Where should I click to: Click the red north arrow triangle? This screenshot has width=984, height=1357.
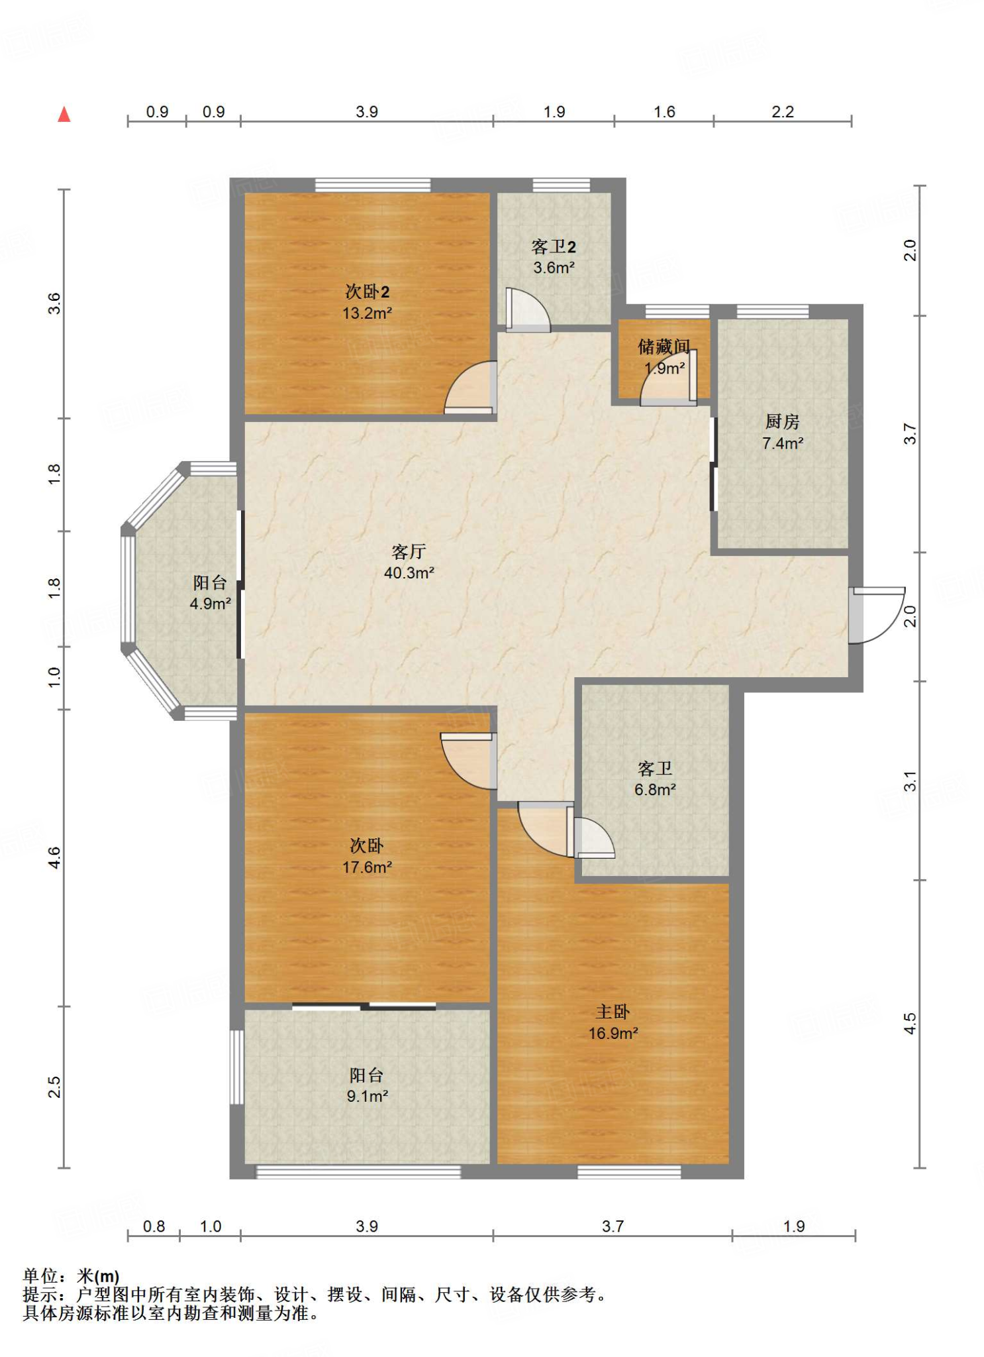pos(64,115)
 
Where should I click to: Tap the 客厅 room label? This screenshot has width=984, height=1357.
pos(409,551)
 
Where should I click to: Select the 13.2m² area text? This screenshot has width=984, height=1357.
pos(367,313)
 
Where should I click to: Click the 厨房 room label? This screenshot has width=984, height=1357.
pos(782,421)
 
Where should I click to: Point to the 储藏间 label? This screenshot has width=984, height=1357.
pos(664,347)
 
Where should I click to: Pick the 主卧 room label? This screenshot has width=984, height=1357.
pos(613,1012)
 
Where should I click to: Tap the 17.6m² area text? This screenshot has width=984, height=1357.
pos(367,867)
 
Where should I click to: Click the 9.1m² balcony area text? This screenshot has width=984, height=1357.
pos(367,1096)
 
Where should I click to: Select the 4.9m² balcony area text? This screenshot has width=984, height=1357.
pos(210,604)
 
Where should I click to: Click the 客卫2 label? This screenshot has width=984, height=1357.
pos(554,247)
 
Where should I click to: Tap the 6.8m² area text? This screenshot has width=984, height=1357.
pos(655,790)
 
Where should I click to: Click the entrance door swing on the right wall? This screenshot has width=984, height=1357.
pos(877,615)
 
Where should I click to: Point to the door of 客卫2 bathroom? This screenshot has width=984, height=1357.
pos(528,309)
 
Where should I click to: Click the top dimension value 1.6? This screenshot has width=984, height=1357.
pos(664,112)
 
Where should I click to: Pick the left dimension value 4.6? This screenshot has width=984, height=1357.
pos(54,857)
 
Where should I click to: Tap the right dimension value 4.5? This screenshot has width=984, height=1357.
pos(910,1023)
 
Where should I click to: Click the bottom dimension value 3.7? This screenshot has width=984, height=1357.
pos(613,1226)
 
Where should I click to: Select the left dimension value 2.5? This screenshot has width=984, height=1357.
pos(54,1087)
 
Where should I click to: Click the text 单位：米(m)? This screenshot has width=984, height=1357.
pos(72,1276)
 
